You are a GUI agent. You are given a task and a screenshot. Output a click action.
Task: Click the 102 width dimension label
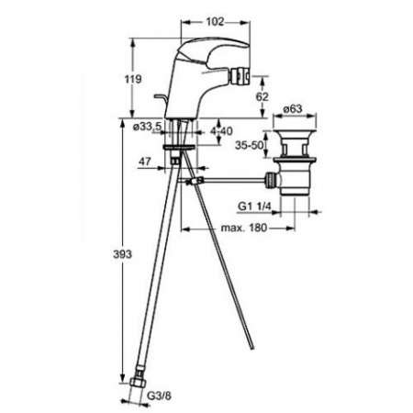coord(215,22)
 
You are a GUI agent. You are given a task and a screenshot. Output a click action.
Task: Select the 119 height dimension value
coord(133,79)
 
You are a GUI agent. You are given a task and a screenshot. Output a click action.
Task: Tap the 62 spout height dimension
coord(262,96)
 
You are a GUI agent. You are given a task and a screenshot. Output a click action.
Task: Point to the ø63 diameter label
coord(293,108)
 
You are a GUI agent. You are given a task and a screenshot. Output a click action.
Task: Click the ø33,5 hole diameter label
coord(147,126)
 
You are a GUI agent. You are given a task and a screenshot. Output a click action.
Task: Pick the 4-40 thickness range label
coord(221,131)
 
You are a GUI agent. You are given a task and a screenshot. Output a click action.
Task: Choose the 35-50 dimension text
coord(249,145)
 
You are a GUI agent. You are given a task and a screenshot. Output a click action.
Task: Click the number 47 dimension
coord(145,162)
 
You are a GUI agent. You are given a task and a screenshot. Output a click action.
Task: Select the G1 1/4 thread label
coord(254,206)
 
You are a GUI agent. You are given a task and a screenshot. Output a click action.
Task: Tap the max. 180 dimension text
coord(244,228)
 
